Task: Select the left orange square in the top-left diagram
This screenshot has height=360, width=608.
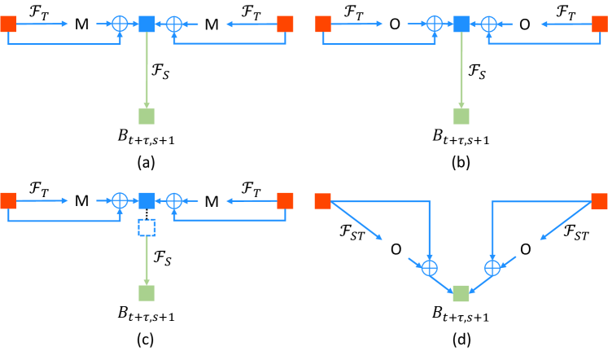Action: (8, 24)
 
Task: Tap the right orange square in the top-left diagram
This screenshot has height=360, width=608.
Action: (285, 24)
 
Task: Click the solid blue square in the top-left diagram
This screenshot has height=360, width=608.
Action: (147, 24)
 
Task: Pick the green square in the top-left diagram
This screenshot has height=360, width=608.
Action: (147, 116)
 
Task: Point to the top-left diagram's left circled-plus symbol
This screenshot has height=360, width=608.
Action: (120, 24)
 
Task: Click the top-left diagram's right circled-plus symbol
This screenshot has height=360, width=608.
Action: (174, 24)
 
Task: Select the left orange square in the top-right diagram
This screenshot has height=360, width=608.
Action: (323, 24)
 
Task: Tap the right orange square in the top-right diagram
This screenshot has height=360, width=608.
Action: (599, 24)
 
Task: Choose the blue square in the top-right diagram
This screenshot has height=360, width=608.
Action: (461, 24)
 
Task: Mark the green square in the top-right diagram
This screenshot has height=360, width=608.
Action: (461, 116)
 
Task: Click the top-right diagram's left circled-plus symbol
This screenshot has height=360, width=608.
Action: (435, 24)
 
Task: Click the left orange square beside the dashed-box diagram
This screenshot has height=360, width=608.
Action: (8, 200)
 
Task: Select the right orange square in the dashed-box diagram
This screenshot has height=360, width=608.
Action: (285, 200)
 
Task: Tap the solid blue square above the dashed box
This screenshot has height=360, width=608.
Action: (147, 200)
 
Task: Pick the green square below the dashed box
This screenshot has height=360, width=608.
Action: (147, 293)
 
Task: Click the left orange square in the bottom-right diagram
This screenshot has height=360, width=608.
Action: (323, 201)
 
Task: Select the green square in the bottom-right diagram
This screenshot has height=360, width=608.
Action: (461, 293)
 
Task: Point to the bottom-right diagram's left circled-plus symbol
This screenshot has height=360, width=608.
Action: (429, 268)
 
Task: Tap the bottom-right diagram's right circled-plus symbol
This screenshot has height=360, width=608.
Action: (492, 268)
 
